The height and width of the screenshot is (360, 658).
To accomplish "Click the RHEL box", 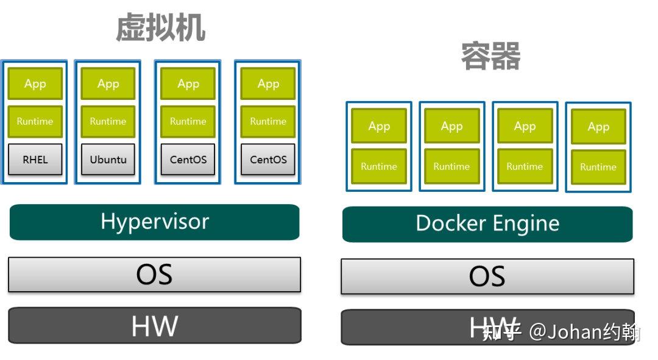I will (35, 160).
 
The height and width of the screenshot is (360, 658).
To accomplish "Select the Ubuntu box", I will (108, 160).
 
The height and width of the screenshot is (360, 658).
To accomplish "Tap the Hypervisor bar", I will (154, 222).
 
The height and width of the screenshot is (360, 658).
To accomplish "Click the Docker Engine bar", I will (487, 224).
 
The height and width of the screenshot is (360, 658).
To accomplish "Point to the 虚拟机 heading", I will (160, 28).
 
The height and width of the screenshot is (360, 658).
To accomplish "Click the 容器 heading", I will (490, 57).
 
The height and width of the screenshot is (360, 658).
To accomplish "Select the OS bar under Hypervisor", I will (154, 274).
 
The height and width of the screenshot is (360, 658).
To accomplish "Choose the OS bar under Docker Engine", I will (487, 277).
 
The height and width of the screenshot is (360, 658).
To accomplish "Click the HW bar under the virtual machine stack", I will (154, 326).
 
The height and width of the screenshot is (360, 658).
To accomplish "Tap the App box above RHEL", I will (35, 84).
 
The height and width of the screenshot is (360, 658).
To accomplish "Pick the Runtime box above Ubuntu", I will (108, 121).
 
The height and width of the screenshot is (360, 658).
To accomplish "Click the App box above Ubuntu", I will (108, 84).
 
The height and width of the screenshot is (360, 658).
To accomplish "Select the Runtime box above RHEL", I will (35, 121).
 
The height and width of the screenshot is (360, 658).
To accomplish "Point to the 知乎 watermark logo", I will (501, 332).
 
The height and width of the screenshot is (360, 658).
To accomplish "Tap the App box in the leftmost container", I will (379, 126).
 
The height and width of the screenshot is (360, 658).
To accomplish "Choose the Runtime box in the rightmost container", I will (598, 167).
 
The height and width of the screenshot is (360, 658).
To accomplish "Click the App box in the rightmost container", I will (598, 127).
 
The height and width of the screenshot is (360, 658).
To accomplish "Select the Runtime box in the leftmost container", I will (379, 166).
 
